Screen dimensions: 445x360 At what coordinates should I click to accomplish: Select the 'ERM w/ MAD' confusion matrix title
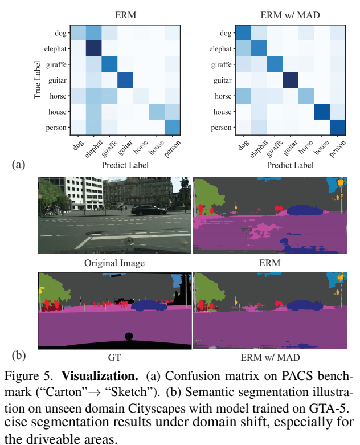click(283, 10)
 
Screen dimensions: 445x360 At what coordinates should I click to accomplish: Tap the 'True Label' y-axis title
click(38, 80)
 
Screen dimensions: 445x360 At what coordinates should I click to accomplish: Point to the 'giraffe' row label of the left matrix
click(58, 65)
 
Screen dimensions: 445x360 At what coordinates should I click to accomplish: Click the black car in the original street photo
click(149, 209)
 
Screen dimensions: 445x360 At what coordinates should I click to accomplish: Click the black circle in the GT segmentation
click(129, 336)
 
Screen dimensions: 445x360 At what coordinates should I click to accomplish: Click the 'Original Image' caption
click(114, 263)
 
